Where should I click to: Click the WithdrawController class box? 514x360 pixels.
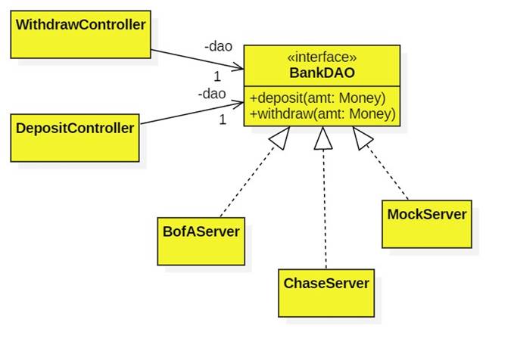(x=81, y=34)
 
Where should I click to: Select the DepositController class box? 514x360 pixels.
(x=75, y=137)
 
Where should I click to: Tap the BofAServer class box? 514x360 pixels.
(x=201, y=241)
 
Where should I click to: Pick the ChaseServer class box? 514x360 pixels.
(x=326, y=292)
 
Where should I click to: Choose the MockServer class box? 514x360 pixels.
(x=426, y=224)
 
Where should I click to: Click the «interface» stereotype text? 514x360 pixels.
(x=322, y=57)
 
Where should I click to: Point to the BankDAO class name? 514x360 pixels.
(x=322, y=73)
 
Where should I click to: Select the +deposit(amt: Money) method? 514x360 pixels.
(x=317, y=98)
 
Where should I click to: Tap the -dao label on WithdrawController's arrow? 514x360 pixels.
(x=218, y=47)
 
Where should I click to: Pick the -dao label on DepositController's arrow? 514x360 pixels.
(x=212, y=95)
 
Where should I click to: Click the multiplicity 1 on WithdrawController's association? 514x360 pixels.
(x=217, y=76)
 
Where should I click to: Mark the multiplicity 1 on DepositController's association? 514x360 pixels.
(x=223, y=119)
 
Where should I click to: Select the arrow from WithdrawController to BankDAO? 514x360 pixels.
(x=197, y=60)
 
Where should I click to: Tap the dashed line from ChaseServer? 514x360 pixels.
(x=325, y=212)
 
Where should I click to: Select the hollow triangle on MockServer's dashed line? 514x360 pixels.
(x=363, y=138)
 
